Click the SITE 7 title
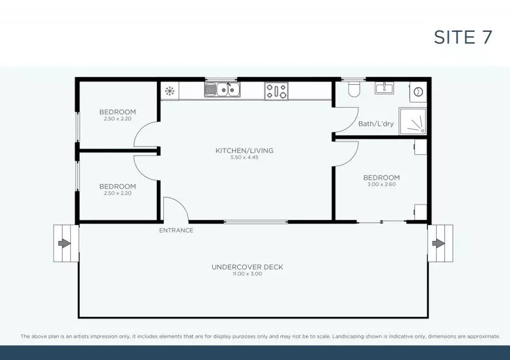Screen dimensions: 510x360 coord(463,37)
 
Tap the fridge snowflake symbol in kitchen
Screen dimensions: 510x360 coord(170,90)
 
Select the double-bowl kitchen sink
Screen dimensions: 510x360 coord(222,89)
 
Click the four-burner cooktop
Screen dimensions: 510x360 coord(276,90)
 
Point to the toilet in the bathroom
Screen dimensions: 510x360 coord(354,89)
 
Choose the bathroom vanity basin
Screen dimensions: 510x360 coord(384,88)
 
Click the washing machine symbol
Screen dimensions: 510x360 coord(418,92)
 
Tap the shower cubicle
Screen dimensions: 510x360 coord(412,121)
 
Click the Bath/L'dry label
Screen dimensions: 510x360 coord(375,124)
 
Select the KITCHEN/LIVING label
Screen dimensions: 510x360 coord(244,150)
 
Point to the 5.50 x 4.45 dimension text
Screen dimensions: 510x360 coord(244,157)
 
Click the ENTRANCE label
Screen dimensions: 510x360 coord(176,230)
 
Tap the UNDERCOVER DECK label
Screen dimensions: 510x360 coord(247,267)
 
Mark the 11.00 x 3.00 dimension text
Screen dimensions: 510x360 coord(247,274)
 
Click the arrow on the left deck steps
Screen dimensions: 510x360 coord(64,243)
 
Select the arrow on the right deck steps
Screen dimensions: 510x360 coord(438,243)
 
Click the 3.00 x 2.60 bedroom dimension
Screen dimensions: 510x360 coord(381,184)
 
